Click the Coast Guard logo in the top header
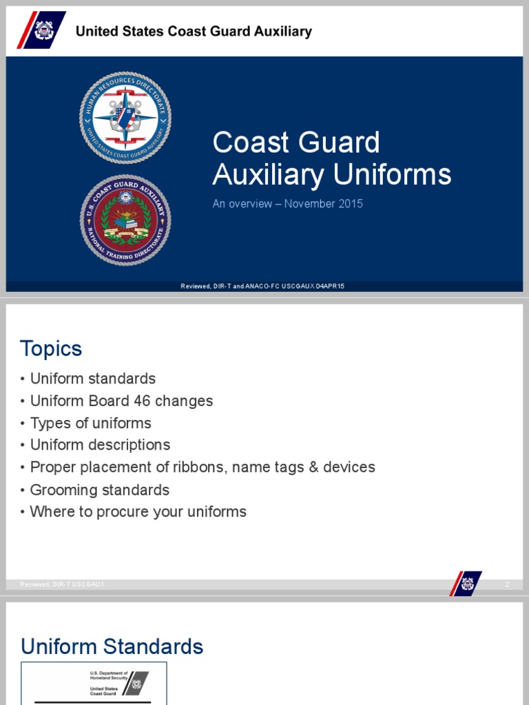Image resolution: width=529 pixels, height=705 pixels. click(41, 30)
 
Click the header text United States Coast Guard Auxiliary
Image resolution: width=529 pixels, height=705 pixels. click(194, 31)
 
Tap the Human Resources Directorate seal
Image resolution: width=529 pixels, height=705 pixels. click(125, 118)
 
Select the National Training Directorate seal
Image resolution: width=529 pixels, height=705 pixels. click(125, 220)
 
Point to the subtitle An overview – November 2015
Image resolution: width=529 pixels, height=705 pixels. click(287, 204)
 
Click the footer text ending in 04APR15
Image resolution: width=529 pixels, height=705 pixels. click(262, 286)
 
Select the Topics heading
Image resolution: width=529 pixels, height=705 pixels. click(51, 348)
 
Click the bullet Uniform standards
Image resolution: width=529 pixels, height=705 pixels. click(92, 379)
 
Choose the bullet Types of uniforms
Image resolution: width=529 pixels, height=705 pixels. click(90, 423)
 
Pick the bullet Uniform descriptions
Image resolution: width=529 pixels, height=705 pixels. click(100, 445)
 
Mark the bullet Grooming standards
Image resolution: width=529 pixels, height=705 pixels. click(99, 490)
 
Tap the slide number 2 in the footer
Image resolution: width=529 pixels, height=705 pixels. click(507, 585)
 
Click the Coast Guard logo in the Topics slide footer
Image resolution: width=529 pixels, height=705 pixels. click(466, 584)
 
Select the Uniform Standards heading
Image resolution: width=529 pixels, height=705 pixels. click(112, 646)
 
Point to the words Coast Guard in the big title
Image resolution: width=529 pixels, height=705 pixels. click(296, 143)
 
